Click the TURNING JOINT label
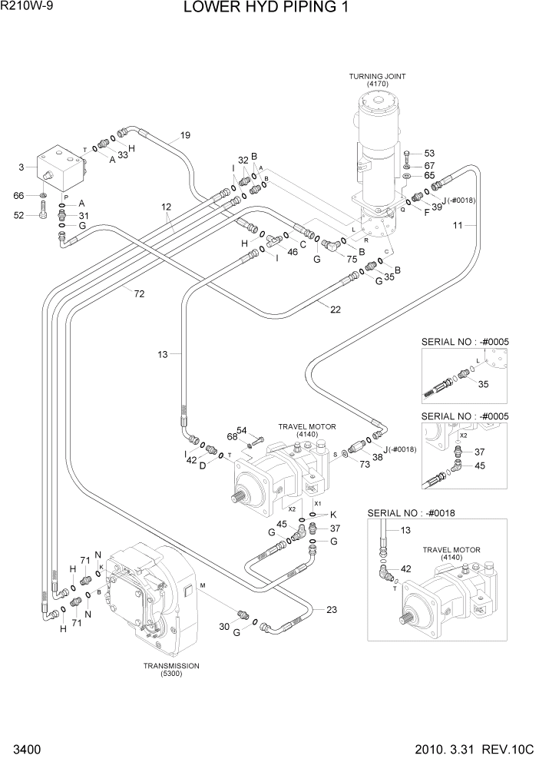point(377,77)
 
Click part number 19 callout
point(185,136)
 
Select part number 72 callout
point(139,293)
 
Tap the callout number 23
point(331,611)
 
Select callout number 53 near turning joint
point(429,154)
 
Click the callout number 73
point(365,465)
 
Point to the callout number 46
point(292,251)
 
